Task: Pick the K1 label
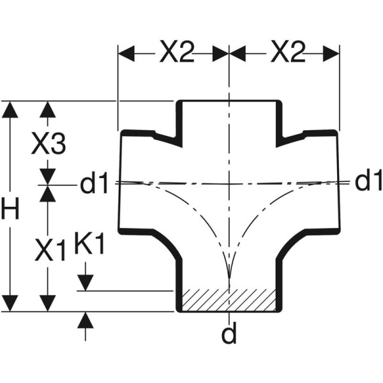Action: tap(89, 246)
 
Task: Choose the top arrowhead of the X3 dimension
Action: tap(47, 109)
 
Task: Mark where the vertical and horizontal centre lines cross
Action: tap(229, 183)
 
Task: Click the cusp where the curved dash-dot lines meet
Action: tap(229, 282)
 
